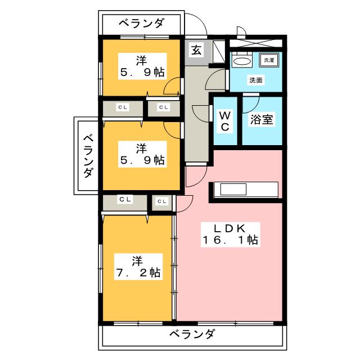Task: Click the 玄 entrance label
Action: coord(196,49)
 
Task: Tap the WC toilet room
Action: coord(224,120)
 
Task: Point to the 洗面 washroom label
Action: coord(256,80)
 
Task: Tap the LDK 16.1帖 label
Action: coord(231,233)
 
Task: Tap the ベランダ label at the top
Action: coord(142,24)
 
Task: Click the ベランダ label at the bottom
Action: coord(191,335)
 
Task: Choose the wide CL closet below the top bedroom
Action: coord(122,107)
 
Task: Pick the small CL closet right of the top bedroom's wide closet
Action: coord(163,107)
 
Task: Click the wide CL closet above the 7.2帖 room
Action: coord(125,199)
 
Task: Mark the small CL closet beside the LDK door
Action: coord(162,201)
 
